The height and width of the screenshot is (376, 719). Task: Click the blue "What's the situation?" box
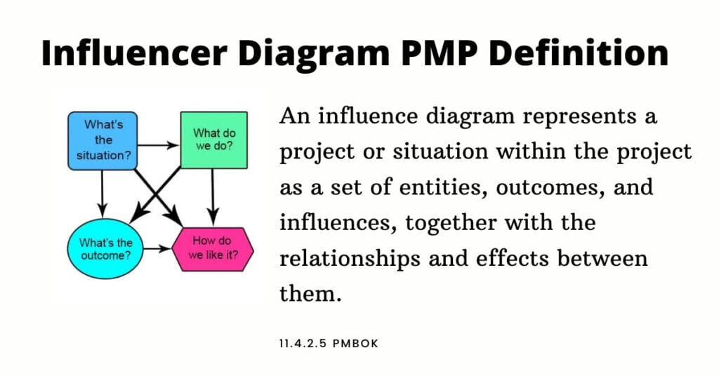[103, 141]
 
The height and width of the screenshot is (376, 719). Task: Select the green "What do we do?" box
[214, 140]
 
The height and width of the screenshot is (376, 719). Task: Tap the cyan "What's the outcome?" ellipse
[105, 249]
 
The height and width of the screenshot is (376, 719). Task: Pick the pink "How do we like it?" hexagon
[213, 249]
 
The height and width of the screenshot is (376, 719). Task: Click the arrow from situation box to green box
[158, 146]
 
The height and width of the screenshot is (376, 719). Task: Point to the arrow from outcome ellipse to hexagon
[157, 249]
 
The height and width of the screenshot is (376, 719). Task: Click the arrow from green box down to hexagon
[212, 197]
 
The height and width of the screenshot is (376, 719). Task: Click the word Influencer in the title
[134, 53]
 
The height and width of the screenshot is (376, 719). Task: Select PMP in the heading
[438, 53]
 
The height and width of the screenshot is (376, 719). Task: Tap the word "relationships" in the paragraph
[350, 259]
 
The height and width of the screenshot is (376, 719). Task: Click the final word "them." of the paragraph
[311, 293]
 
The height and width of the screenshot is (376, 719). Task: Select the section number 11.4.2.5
[303, 344]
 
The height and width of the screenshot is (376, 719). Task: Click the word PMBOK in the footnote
[356, 344]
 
